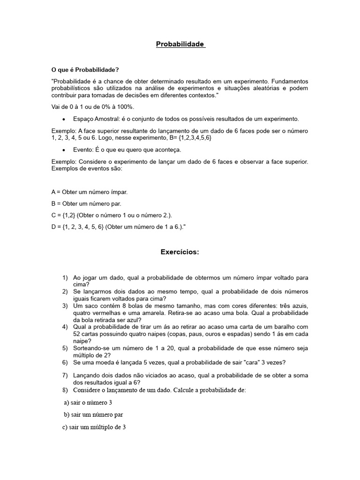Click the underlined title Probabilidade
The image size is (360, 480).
pyautogui.click(x=180, y=44)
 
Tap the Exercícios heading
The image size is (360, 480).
pyautogui.click(x=180, y=252)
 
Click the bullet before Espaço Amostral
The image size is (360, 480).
pyautogui.click(x=64, y=119)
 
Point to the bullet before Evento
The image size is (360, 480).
pyautogui.click(x=64, y=150)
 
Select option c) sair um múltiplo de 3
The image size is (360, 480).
pyautogui.click(x=94, y=427)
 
